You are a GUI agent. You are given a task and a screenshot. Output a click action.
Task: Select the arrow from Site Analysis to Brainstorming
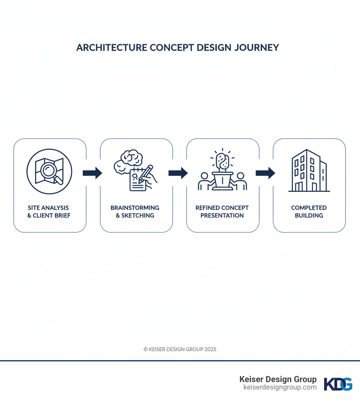(x=92, y=173)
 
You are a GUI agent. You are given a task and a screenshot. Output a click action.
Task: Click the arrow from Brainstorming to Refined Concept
(x=178, y=173)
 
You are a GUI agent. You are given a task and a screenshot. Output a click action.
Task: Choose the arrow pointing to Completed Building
(x=265, y=173)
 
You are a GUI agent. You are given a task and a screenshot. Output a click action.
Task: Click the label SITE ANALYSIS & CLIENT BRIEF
(x=49, y=211)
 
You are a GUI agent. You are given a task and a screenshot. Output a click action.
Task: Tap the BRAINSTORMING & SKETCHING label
(x=135, y=211)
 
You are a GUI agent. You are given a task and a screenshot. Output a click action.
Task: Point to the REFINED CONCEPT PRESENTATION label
(x=222, y=211)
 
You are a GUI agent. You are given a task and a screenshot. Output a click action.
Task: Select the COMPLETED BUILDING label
(x=309, y=211)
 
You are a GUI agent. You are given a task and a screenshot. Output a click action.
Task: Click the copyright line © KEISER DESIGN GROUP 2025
(x=180, y=349)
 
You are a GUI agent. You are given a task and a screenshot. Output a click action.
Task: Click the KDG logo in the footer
(x=338, y=384)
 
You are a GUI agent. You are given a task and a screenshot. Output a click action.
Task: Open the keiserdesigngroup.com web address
(x=280, y=387)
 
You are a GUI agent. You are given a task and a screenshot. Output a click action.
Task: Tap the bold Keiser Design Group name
(x=278, y=379)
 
